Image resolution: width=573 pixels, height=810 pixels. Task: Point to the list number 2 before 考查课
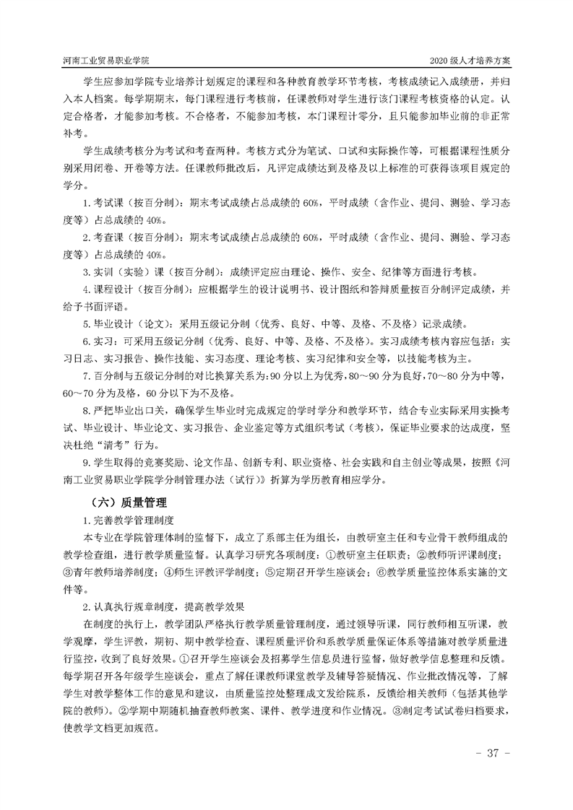86,238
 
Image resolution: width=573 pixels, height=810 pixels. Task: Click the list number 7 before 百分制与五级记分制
86,376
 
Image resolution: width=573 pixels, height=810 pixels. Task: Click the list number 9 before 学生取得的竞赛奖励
86,463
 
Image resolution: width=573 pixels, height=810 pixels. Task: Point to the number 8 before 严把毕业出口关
86,411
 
